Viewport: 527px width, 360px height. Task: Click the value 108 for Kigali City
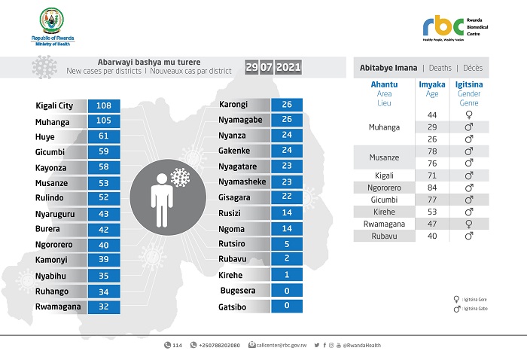pyautogui.click(x=104, y=105)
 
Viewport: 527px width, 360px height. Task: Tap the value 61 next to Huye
pyautogui.click(x=104, y=136)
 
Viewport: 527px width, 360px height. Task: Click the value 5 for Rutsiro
pyautogui.click(x=286, y=243)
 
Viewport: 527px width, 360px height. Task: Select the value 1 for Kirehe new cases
pyautogui.click(x=286, y=275)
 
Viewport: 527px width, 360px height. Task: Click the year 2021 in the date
pyautogui.click(x=288, y=68)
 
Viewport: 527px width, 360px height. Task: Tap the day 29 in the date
pyautogui.click(x=252, y=68)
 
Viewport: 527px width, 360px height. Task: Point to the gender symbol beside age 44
pyautogui.click(x=469, y=114)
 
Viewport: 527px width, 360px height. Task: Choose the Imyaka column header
pyautogui.click(x=431, y=84)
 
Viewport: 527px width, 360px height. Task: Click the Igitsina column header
pyautogui.click(x=469, y=84)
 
